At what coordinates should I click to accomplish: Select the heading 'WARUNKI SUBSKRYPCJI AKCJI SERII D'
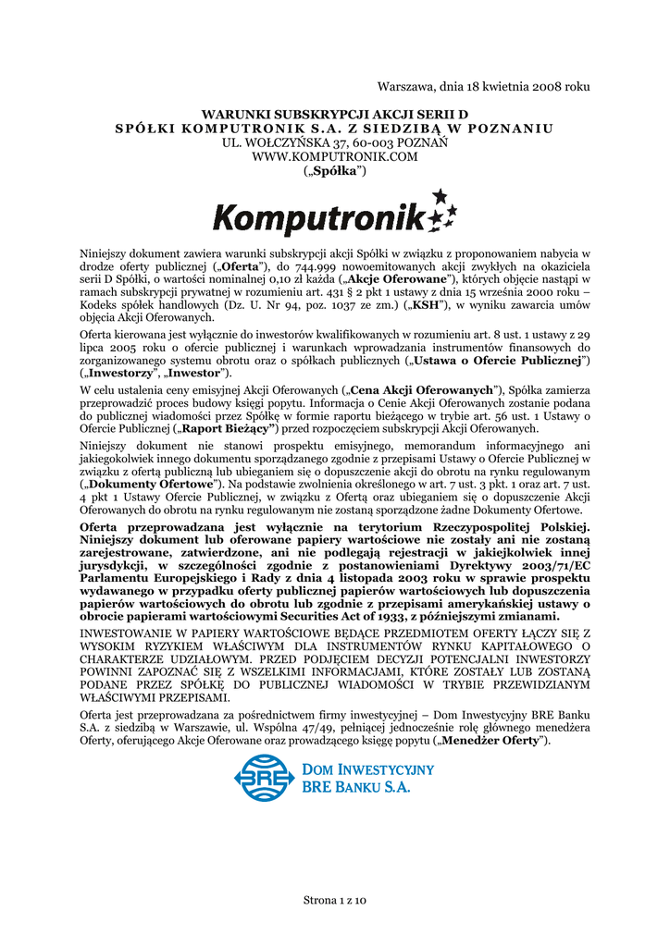pyautogui.click(x=335, y=114)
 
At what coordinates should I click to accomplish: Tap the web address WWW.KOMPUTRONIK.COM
pyautogui.click(x=335, y=157)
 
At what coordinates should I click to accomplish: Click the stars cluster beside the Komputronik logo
pyautogui.click(x=440, y=212)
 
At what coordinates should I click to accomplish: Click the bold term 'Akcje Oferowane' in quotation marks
pyautogui.click(x=398, y=279)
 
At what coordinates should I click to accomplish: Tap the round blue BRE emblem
pyautogui.click(x=263, y=778)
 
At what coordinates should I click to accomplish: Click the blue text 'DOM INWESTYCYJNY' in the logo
pyautogui.click(x=368, y=769)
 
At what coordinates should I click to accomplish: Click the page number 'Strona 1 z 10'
pyautogui.click(x=335, y=900)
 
